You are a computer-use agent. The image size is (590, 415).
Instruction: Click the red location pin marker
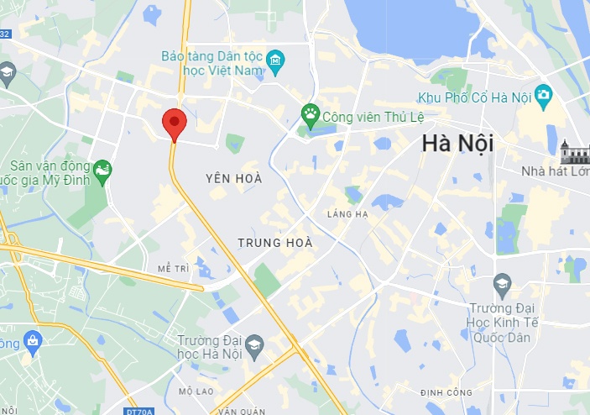(x=174, y=124)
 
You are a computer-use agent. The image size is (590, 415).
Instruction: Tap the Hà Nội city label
(x=457, y=144)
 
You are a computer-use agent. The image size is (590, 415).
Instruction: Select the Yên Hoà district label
(x=234, y=178)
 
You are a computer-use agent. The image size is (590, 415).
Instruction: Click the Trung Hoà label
(x=275, y=243)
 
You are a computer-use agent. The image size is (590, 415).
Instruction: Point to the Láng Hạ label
(x=347, y=214)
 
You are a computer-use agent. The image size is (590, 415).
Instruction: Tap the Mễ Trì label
(x=174, y=268)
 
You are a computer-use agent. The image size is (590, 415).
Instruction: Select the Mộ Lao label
(x=197, y=391)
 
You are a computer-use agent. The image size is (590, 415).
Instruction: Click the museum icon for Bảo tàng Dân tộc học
(x=275, y=61)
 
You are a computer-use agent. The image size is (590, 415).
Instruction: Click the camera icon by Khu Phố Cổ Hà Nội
(x=544, y=93)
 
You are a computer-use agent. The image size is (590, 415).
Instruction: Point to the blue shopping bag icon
(x=32, y=341)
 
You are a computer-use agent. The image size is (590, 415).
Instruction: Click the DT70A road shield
(x=135, y=411)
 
